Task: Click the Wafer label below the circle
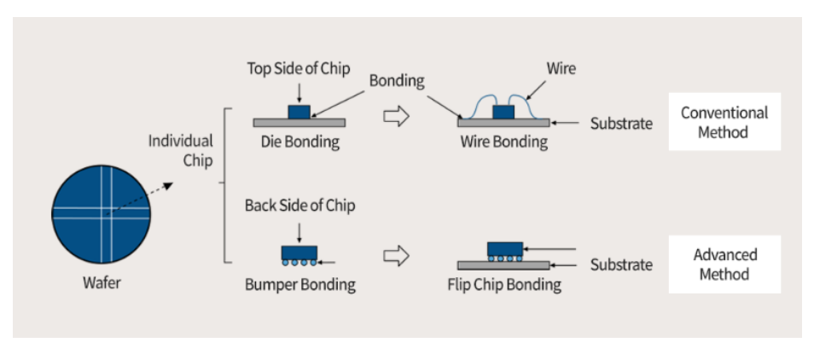point(101,282)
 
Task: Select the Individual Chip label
point(180,150)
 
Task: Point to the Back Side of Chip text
point(299,206)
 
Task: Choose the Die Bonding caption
point(299,142)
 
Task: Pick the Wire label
point(561,68)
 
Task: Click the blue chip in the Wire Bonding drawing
point(504,112)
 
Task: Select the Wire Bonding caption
point(503,142)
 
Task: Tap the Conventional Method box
point(724,122)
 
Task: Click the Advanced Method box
point(724,264)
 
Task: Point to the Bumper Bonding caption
point(299,284)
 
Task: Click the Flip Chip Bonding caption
point(504,284)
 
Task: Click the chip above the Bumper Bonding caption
point(299,253)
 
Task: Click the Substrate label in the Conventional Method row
point(621,124)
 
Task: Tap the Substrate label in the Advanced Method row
point(621,265)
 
